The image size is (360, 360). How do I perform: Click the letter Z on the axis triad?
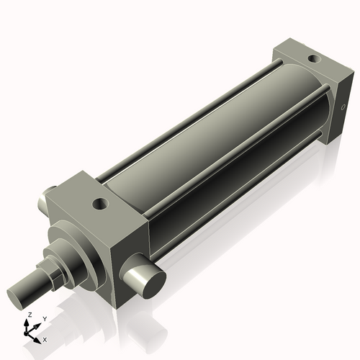[x=29, y=315]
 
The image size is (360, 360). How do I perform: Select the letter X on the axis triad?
[x=45, y=338]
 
